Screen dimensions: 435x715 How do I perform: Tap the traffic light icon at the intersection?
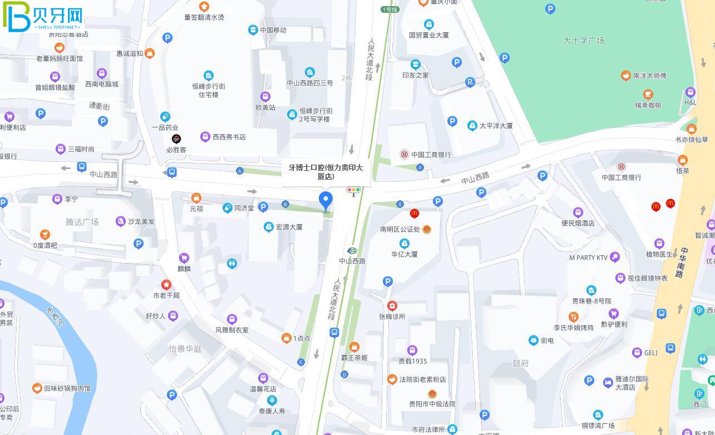(x=353, y=190)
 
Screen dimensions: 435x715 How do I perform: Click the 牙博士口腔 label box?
(x=326, y=171)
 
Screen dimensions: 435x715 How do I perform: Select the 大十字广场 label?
(x=584, y=41)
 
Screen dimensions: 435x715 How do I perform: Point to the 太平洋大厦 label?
(x=496, y=126)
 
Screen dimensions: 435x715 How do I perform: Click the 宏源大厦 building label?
(x=289, y=227)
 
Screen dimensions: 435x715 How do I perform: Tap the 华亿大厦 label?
(x=405, y=254)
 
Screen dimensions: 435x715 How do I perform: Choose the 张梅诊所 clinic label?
(x=392, y=317)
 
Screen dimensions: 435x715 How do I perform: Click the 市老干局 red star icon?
(x=166, y=285)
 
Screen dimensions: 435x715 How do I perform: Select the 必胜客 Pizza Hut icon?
(x=176, y=139)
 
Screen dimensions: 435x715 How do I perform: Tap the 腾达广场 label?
(x=82, y=222)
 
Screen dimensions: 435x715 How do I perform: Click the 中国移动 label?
(x=273, y=30)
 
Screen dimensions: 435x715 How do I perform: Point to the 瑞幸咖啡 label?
(x=648, y=105)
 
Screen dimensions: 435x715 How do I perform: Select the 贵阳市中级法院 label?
(x=432, y=404)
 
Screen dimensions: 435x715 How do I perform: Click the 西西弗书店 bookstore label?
(x=229, y=137)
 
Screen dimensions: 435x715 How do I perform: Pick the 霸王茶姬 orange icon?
(x=354, y=347)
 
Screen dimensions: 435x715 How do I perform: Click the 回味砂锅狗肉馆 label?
(x=67, y=388)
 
